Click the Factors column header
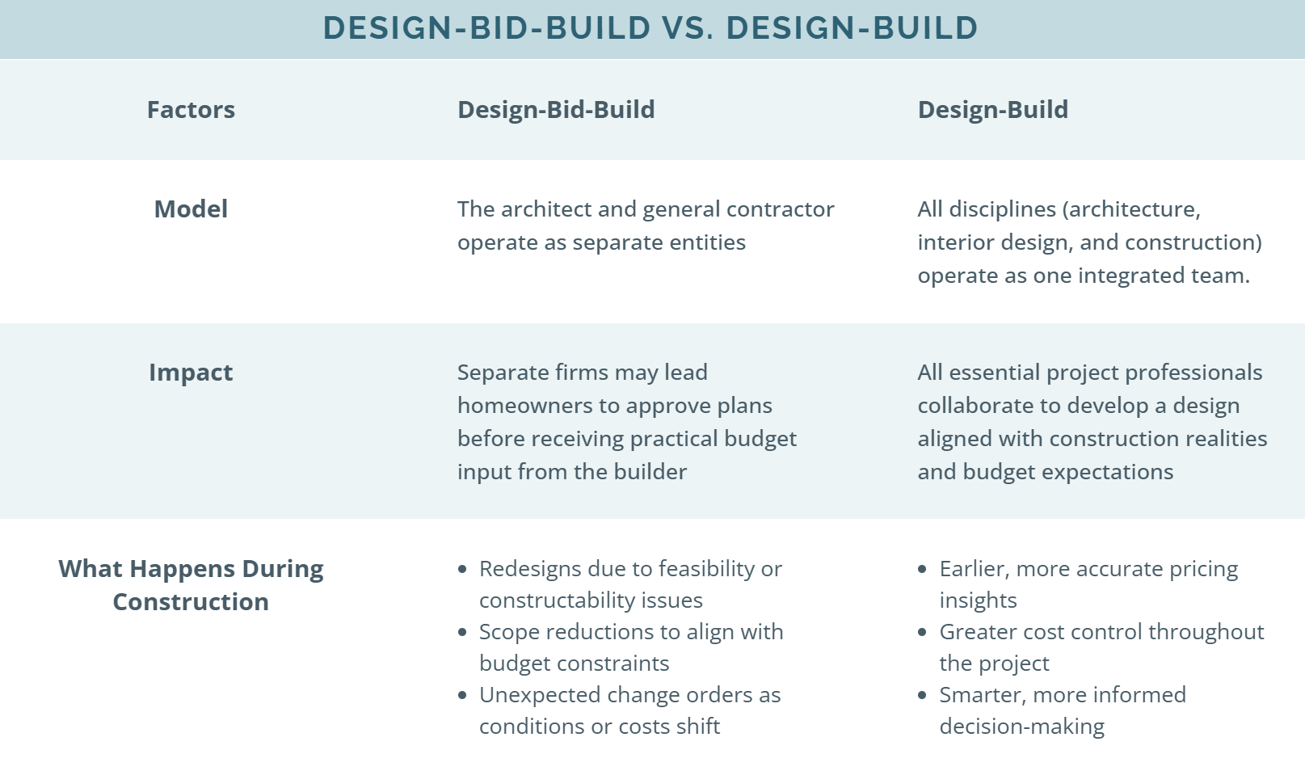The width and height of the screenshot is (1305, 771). (191, 110)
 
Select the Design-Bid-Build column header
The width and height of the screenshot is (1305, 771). (556, 110)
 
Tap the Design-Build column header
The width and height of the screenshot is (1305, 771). (992, 110)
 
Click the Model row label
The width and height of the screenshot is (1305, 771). (191, 209)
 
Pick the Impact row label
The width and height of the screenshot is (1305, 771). (191, 373)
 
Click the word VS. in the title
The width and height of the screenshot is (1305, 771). (688, 28)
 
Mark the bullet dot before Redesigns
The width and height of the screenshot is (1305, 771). (462, 569)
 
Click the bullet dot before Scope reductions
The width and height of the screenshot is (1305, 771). (462, 632)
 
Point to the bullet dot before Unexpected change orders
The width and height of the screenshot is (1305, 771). (462, 695)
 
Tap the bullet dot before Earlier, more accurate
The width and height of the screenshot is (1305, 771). (923, 569)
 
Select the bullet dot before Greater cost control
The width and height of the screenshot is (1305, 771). (923, 632)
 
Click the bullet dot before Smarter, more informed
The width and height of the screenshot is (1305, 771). (923, 695)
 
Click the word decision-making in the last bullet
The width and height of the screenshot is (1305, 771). (1021, 727)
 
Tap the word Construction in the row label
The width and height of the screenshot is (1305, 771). (191, 602)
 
